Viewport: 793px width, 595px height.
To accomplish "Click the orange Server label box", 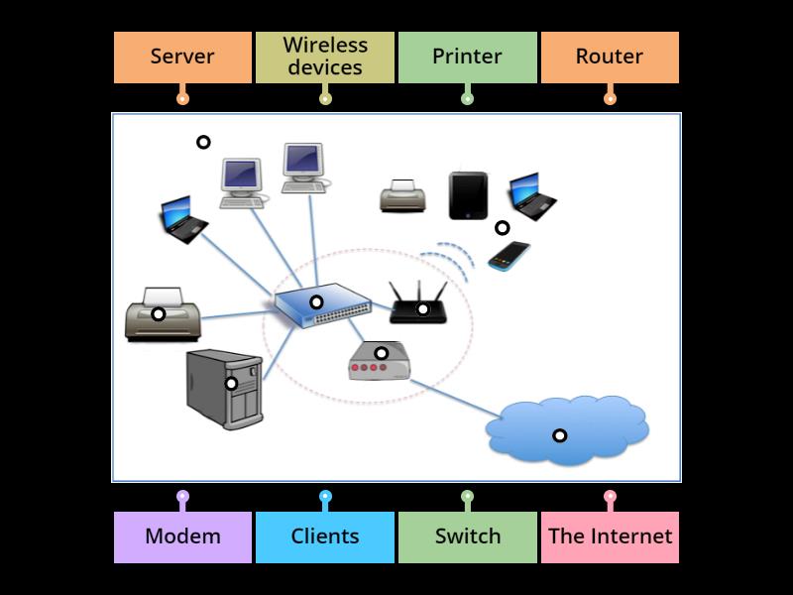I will coord(182,57).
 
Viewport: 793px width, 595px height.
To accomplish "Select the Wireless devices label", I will coord(325,57).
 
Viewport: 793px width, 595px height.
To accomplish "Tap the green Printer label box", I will coord(467,57).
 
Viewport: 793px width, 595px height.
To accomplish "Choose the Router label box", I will coord(610,57).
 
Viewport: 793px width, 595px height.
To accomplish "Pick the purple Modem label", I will coord(182,536).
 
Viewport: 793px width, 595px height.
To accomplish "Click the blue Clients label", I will coord(325,536).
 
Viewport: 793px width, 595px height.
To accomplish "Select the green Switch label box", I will coord(467,536).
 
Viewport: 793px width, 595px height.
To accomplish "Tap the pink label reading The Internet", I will coord(610,536).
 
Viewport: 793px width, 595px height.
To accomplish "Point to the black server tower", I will coord(224,389).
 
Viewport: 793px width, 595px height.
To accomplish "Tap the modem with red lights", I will coord(380,362).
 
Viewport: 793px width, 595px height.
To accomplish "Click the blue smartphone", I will coord(509,256).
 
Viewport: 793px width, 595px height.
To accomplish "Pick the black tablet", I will coord(468,195).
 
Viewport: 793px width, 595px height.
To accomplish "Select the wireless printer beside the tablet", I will coord(403,196).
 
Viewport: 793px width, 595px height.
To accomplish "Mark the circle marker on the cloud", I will coord(559,435).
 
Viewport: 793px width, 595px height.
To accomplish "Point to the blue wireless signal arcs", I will coord(446,260).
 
